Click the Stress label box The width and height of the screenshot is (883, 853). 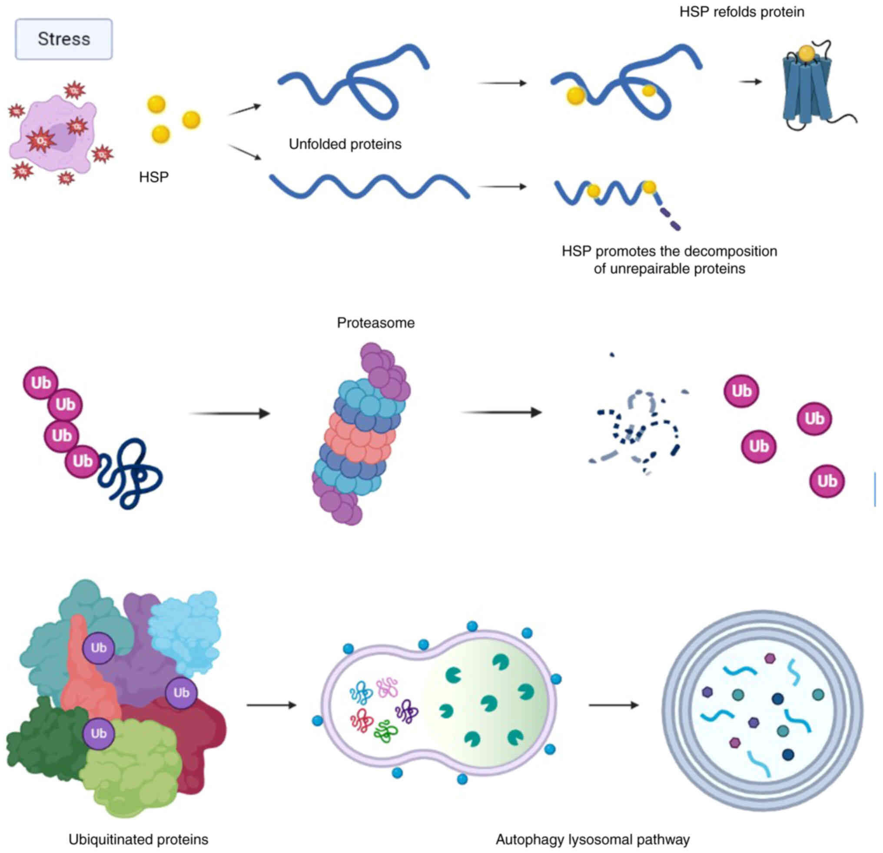click(63, 39)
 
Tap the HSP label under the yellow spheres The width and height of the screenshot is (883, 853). click(154, 177)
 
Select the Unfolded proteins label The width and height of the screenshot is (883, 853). click(345, 144)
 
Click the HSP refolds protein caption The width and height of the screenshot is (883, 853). click(741, 12)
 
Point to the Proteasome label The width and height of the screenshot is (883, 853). click(375, 323)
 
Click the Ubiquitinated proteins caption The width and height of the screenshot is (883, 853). click(138, 840)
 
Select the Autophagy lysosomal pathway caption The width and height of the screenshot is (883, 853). click(592, 840)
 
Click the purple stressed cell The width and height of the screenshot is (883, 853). click(54, 135)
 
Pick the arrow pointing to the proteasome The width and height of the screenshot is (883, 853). click(230, 413)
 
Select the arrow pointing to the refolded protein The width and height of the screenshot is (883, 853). click(750, 82)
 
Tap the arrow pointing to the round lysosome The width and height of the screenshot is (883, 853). click(614, 705)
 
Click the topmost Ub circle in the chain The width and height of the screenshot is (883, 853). click(40, 383)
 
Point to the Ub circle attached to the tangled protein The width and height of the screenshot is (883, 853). click(82, 461)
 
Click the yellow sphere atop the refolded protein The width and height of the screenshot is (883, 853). click(807, 53)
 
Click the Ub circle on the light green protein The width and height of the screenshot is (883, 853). click(99, 734)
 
